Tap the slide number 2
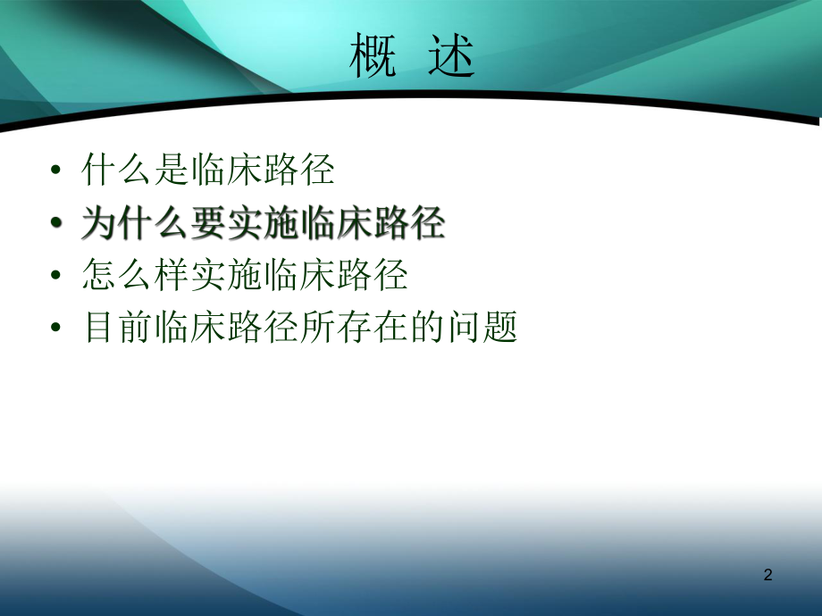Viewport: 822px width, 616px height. coord(767,577)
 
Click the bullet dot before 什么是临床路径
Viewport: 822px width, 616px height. coord(58,171)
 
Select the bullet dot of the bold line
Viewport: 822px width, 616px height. coord(58,224)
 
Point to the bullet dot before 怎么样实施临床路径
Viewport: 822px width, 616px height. coord(58,276)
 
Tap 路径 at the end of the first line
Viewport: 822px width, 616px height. coord(299,170)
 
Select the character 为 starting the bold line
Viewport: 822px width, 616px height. coord(99,223)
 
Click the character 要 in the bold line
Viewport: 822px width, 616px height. coord(208,223)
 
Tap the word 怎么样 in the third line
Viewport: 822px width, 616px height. coord(135,276)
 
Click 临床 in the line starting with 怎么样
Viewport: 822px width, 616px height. coord(299,276)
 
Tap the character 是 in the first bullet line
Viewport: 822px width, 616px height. coord(172,170)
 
